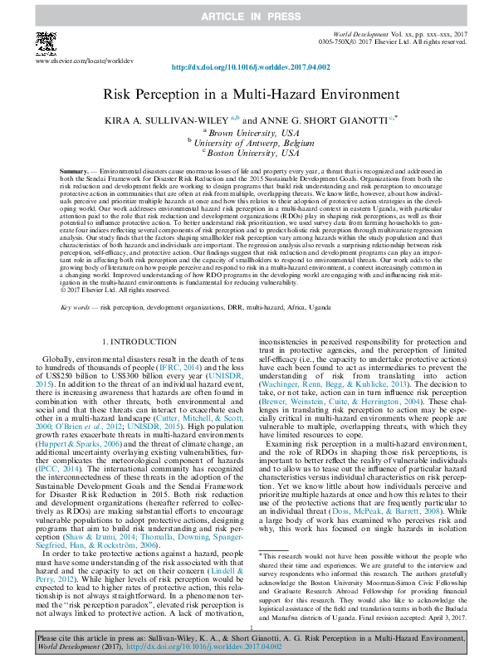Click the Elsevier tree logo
(x=44, y=43)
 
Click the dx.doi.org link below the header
(x=247, y=68)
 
